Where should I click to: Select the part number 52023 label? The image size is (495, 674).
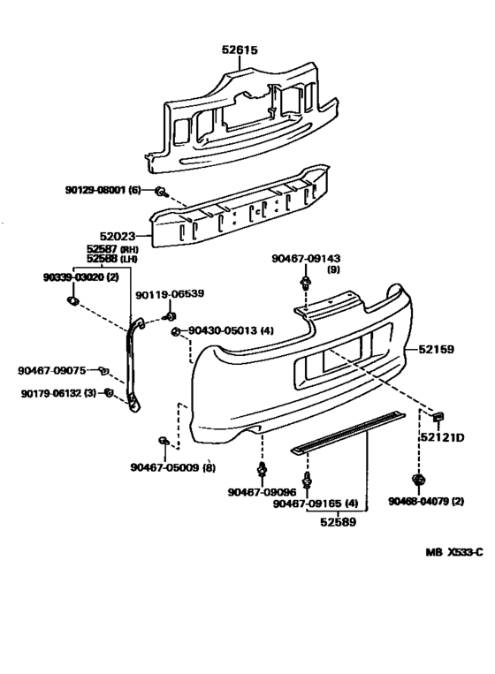pyautogui.click(x=118, y=236)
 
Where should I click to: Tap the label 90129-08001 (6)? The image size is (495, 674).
pyautogui.click(x=103, y=190)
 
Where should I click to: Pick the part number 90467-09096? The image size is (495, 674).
pyautogui.click(x=263, y=492)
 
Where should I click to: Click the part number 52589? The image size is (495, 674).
pyautogui.click(x=339, y=522)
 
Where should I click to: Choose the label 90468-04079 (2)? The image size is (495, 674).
pyautogui.click(x=426, y=502)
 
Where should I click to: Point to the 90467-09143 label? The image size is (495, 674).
pyautogui.click(x=306, y=258)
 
